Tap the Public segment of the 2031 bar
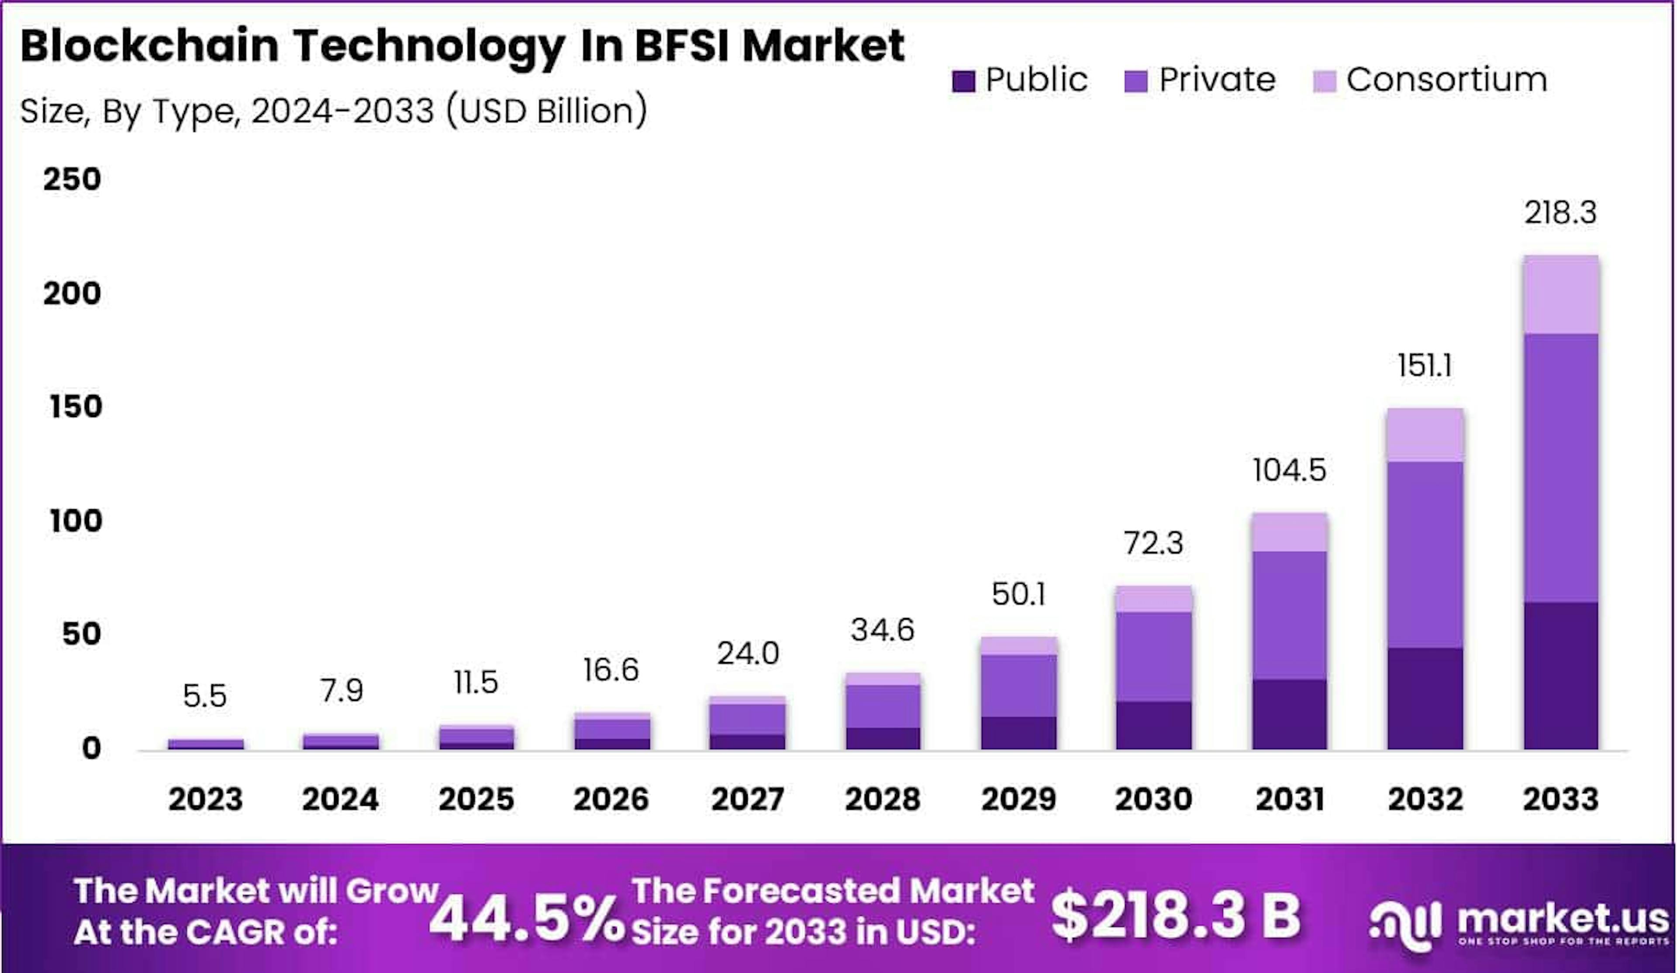(x=1289, y=714)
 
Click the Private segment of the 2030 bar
(x=1153, y=656)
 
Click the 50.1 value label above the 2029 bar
(x=1018, y=594)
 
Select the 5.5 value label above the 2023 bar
(x=204, y=696)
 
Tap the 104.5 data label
(x=1289, y=470)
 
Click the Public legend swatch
(x=963, y=81)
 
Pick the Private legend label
(x=1217, y=80)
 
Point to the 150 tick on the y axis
(x=75, y=407)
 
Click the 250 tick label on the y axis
(x=72, y=179)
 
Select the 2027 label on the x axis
(x=747, y=799)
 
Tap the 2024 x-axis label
(x=340, y=799)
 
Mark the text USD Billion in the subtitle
(x=546, y=110)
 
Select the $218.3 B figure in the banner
(x=1175, y=916)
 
